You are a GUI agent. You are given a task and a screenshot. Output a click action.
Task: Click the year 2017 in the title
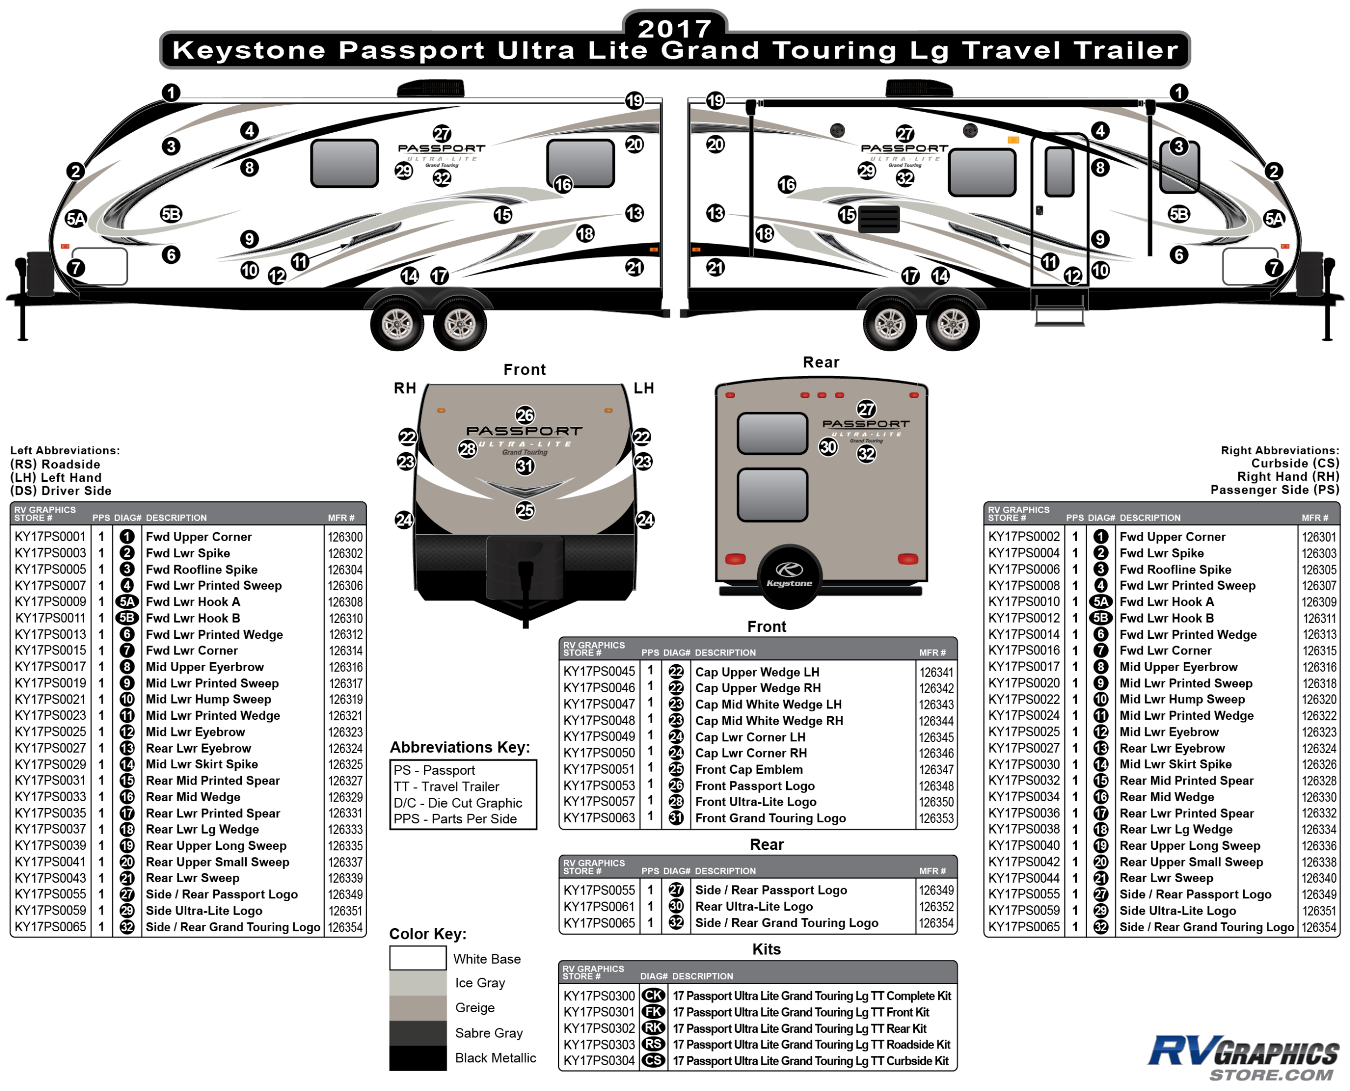click(x=674, y=28)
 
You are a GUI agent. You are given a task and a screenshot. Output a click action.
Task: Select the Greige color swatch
click(x=417, y=1007)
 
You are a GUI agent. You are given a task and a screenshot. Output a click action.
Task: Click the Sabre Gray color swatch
click(x=417, y=1033)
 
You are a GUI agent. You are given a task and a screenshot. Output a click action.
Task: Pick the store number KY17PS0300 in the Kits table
click(x=599, y=996)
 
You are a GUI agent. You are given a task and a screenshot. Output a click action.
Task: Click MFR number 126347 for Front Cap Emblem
click(x=936, y=770)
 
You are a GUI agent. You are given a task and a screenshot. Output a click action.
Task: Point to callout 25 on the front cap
click(x=524, y=510)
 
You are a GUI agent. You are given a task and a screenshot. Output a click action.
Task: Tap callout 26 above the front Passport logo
click(x=524, y=415)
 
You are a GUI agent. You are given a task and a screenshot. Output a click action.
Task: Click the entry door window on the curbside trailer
click(x=1059, y=172)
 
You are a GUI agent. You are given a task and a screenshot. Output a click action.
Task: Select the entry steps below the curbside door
click(x=1059, y=311)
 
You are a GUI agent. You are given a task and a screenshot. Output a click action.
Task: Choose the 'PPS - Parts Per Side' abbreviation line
click(x=455, y=819)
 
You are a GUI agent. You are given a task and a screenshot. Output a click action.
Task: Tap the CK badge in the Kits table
click(x=653, y=996)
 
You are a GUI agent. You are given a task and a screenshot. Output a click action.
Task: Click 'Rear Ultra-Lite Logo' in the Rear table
click(x=753, y=906)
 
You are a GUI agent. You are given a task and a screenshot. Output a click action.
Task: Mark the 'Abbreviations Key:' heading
click(x=460, y=747)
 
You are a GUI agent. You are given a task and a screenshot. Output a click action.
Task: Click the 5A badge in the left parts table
click(x=127, y=602)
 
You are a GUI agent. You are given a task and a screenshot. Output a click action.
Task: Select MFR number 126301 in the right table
click(x=1319, y=537)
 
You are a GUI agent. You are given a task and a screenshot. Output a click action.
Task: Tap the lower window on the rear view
click(x=772, y=495)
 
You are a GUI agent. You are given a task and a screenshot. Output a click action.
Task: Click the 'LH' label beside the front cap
click(x=643, y=388)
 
